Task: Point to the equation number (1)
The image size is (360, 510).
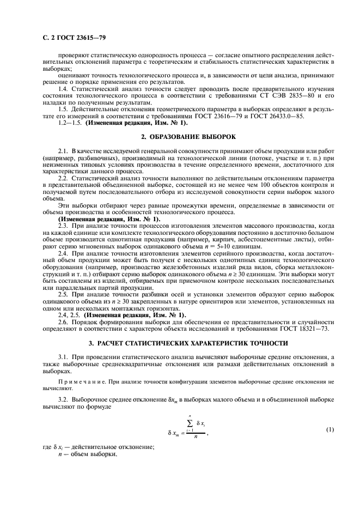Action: pos(330,430)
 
